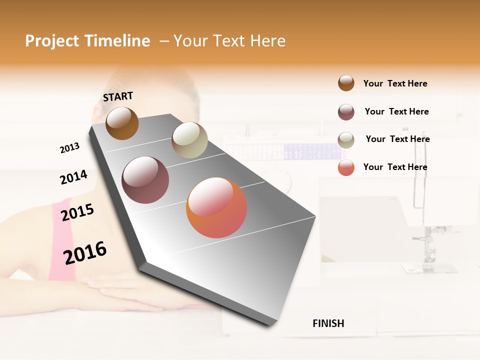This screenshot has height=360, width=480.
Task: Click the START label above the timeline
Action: [118, 96]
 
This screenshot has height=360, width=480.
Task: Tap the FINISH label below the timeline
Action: [328, 323]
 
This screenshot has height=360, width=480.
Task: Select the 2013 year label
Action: [70, 148]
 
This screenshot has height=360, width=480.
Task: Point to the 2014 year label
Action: [73, 177]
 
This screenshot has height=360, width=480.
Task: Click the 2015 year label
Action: [77, 212]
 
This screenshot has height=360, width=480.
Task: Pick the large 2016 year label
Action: [85, 252]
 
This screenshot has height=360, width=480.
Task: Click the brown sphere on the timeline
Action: [122, 123]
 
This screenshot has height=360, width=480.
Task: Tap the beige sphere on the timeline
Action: [189, 140]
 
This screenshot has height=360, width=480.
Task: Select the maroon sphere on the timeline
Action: [145, 180]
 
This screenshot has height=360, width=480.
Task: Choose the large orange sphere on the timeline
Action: [216, 207]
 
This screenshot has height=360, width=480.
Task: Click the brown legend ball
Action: [346, 83]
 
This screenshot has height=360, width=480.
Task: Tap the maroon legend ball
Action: [346, 112]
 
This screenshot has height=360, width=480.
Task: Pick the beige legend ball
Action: [346, 140]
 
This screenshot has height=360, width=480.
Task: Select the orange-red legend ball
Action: [346, 167]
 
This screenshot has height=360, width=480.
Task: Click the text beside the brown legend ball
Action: [395, 83]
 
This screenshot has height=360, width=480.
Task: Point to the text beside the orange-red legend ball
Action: [395, 167]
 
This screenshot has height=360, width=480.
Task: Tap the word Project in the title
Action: [49, 41]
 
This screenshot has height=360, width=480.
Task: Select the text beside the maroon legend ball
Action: [396, 111]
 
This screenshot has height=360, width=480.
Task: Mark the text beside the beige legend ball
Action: [397, 139]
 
